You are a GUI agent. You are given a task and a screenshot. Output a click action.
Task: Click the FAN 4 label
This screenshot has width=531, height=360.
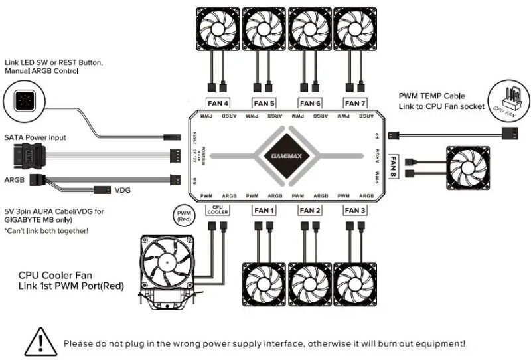[218, 103]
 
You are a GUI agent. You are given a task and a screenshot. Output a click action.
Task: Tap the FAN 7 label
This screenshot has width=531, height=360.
[354, 103]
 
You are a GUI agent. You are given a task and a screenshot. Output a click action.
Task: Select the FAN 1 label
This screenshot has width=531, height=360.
[264, 211]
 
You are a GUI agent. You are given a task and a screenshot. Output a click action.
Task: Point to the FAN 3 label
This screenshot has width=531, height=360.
[354, 211]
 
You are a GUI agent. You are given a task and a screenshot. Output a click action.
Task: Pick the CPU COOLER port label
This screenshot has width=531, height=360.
[218, 209]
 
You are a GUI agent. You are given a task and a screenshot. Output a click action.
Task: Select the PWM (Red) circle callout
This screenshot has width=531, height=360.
[184, 214]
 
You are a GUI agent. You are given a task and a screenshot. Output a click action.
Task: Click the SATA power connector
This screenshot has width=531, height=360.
[20, 157]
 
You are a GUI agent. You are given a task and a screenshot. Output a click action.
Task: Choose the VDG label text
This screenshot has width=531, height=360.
[124, 190]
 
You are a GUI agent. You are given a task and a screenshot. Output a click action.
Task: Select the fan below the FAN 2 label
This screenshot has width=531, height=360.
[309, 284]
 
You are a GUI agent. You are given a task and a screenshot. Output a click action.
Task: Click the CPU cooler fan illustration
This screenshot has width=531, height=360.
[168, 262]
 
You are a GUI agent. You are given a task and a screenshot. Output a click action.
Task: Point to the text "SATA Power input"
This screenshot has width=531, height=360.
[36, 137]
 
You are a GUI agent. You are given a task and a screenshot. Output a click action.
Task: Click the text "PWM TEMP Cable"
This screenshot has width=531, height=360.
[432, 96]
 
